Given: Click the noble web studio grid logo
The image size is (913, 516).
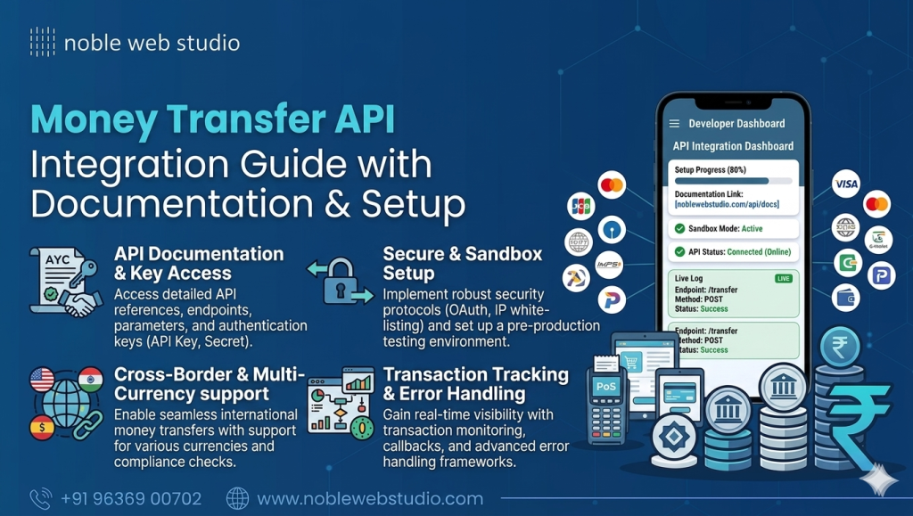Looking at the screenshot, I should click(x=42, y=42).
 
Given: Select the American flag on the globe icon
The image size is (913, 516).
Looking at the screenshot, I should click(x=42, y=380).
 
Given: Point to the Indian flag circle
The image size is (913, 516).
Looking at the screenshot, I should click(x=91, y=380).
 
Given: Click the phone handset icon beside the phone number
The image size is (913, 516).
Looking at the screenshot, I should click(x=41, y=498).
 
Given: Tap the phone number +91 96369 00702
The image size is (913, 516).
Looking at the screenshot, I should click(x=131, y=499).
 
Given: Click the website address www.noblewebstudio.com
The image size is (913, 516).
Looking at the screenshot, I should click(x=369, y=499).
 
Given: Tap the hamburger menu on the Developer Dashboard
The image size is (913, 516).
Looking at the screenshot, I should click(x=674, y=124).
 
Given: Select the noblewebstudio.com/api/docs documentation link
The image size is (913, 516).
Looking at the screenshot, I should click(x=728, y=205).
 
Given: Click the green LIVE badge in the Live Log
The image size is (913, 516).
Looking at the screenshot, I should click(x=784, y=279).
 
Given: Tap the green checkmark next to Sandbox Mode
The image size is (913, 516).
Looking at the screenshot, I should click(x=680, y=228).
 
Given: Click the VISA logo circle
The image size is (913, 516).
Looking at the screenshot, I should click(x=845, y=184).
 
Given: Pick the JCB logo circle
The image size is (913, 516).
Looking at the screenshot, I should click(x=580, y=206).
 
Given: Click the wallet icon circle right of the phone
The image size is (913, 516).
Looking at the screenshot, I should click(x=845, y=297).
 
